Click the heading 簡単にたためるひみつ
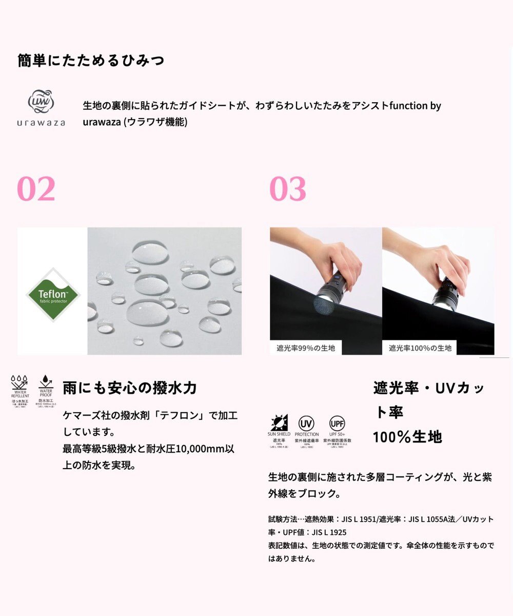click(91, 61)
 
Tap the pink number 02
click(36, 189)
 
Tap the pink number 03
click(288, 189)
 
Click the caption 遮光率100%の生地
click(420, 348)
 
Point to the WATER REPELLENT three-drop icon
click(20, 382)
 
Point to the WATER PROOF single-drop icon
click(46, 382)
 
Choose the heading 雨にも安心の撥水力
click(130, 388)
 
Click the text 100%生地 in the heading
click(407, 437)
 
